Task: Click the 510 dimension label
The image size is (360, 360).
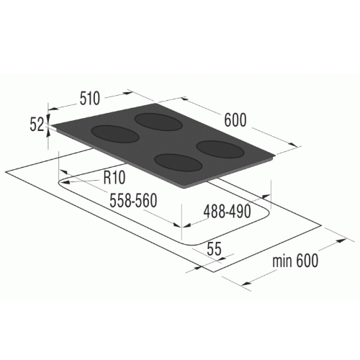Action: pyautogui.click(x=89, y=99)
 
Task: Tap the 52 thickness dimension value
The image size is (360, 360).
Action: pyautogui.click(x=37, y=125)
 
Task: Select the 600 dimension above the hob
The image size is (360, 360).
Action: pyautogui.click(x=235, y=120)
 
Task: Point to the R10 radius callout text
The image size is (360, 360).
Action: pyautogui.click(x=114, y=177)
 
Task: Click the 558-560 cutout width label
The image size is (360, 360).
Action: pyautogui.click(x=133, y=200)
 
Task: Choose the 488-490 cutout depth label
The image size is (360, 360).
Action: pyautogui.click(x=227, y=212)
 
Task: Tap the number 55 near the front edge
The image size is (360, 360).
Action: pyautogui.click(x=214, y=249)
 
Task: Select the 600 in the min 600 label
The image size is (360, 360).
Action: pyautogui.click(x=307, y=261)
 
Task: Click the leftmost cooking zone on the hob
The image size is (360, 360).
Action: pyautogui.click(x=115, y=134)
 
